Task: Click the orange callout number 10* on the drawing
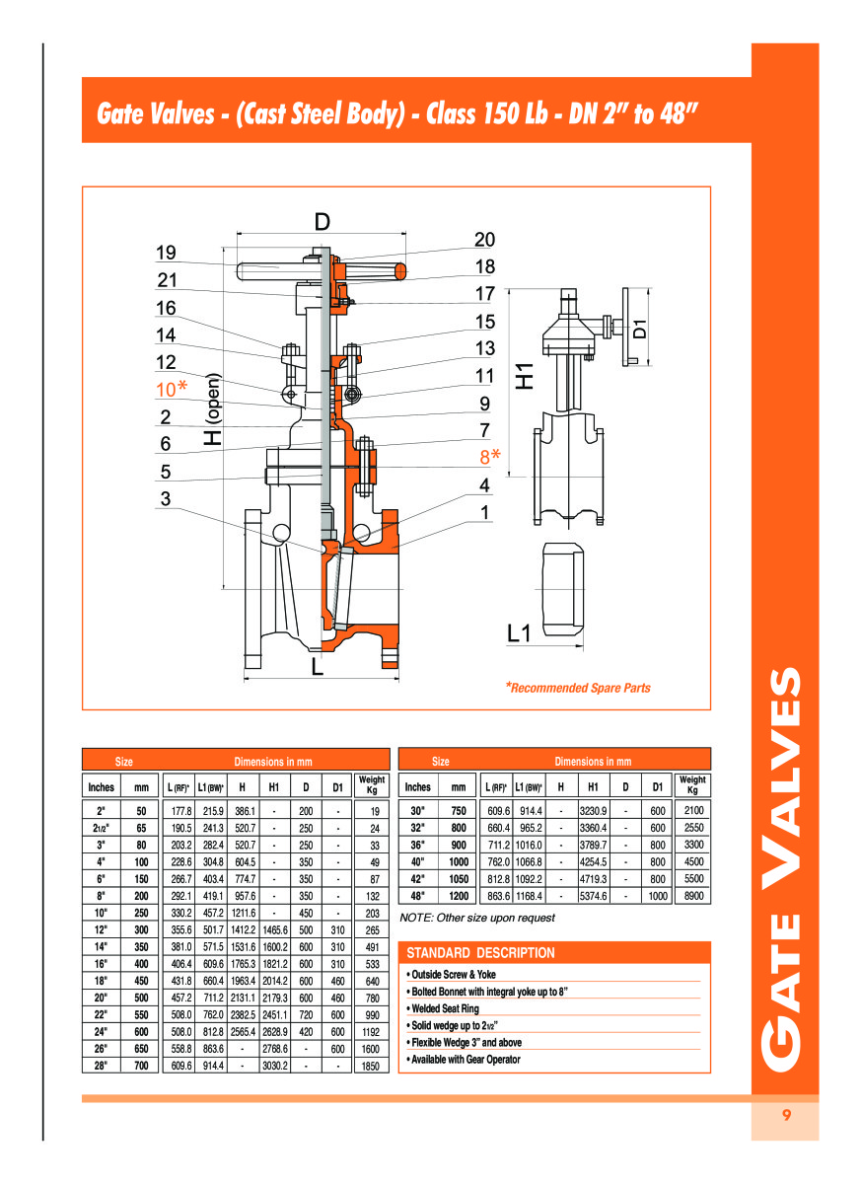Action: (172, 389)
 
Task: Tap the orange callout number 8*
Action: (489, 456)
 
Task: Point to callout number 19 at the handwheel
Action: (166, 253)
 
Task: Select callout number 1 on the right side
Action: (484, 512)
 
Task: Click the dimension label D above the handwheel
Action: (322, 222)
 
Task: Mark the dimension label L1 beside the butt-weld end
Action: (518, 632)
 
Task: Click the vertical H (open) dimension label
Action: (213, 409)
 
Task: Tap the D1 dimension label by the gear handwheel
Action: (640, 329)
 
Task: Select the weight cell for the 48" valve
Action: (693, 896)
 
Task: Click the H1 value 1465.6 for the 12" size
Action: (275, 929)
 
